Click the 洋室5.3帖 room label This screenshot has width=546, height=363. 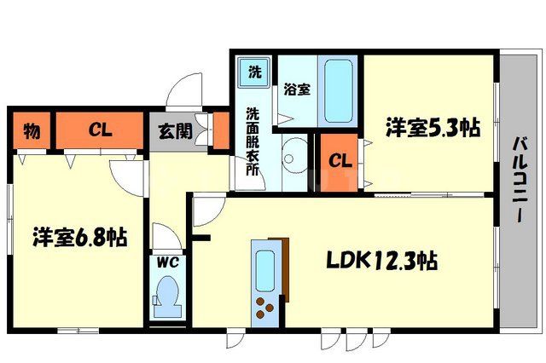pos(433,129)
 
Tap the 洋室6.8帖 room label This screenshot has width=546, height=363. pos(80,237)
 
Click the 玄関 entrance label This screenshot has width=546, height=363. pos(174,132)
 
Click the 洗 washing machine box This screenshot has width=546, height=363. pos(254,70)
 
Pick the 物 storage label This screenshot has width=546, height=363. pos(32,131)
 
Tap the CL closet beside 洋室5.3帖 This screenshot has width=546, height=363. pos(340,160)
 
